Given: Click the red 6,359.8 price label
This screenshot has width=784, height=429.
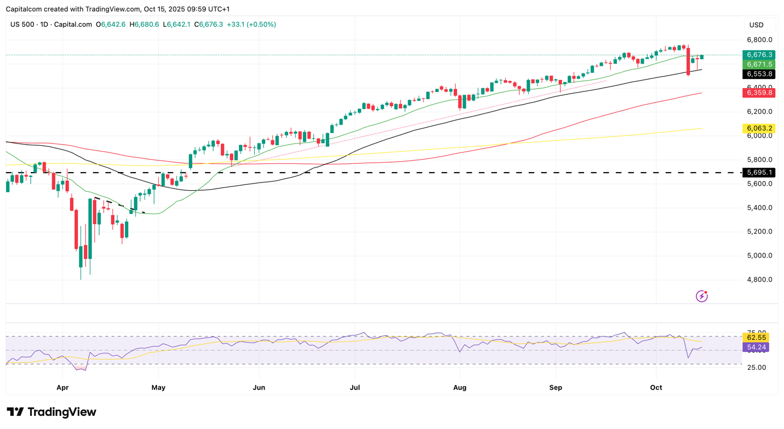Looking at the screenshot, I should click(x=758, y=93).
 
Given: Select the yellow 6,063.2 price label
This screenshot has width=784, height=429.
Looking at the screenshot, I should click(x=758, y=128).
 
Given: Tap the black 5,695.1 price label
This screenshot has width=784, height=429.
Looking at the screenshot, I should click(x=758, y=173).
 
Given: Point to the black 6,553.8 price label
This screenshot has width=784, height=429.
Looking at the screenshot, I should click(x=758, y=74).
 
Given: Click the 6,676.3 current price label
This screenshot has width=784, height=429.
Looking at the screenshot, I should click(x=758, y=55).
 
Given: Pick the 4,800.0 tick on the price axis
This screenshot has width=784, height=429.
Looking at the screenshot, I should click(x=759, y=279).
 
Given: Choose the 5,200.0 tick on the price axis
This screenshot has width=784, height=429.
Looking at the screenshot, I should click(x=759, y=231).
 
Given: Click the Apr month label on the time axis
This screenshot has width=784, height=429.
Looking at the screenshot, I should click(x=62, y=387).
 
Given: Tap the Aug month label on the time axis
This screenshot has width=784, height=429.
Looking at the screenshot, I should click(x=460, y=387).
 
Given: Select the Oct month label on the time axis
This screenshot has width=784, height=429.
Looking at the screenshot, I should click(x=656, y=387).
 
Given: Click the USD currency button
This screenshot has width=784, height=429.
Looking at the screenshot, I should click(x=757, y=25).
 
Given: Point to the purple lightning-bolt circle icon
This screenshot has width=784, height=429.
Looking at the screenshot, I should click(x=701, y=296).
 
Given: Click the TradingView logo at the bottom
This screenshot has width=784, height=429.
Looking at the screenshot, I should click(x=51, y=412).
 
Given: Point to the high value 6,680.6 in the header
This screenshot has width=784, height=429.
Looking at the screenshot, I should click(x=144, y=25).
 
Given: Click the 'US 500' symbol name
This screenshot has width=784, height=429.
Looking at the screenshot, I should click(x=22, y=25).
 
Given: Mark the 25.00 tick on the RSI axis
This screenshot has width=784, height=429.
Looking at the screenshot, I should click(x=756, y=367).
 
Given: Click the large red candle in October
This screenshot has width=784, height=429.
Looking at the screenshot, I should click(x=688, y=61).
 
